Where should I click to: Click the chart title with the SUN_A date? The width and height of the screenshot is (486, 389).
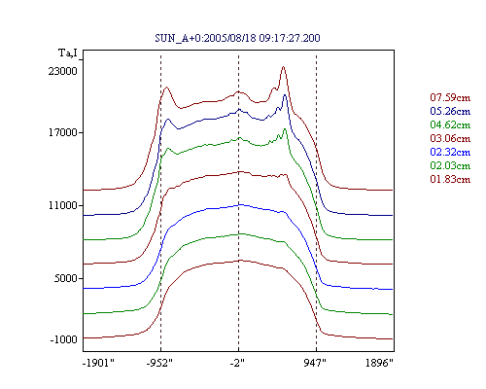(x=237, y=38)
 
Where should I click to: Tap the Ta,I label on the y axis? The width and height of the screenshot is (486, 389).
(x=68, y=53)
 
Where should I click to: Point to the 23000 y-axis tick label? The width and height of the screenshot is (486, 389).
(x=63, y=71)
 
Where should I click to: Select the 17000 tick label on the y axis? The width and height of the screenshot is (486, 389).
(x=63, y=132)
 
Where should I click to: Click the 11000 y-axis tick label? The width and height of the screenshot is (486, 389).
(x=63, y=205)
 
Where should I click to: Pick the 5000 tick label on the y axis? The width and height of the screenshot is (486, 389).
(x=65, y=278)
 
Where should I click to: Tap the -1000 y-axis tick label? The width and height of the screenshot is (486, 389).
(x=63, y=339)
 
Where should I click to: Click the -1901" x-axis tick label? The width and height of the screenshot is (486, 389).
(x=98, y=363)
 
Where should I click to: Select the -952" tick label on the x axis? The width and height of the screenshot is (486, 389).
(x=159, y=363)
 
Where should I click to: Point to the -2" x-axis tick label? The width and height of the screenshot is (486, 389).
(x=237, y=363)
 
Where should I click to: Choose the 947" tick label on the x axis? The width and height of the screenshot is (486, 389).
(x=315, y=363)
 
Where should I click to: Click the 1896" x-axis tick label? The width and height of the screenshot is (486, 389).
(x=379, y=363)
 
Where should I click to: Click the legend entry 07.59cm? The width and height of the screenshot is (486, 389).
(x=450, y=97)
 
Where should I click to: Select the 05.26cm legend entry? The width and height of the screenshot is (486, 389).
(x=450, y=111)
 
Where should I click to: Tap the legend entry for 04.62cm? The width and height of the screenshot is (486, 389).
(x=450, y=124)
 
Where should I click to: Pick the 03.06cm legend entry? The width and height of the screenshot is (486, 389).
(x=450, y=138)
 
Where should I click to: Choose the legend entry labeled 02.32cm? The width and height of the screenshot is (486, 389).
(x=450, y=152)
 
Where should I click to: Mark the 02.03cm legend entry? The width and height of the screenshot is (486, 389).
(x=450, y=165)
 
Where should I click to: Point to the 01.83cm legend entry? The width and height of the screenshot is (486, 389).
(x=450, y=179)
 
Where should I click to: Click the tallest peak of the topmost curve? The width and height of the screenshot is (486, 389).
(x=284, y=67)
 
